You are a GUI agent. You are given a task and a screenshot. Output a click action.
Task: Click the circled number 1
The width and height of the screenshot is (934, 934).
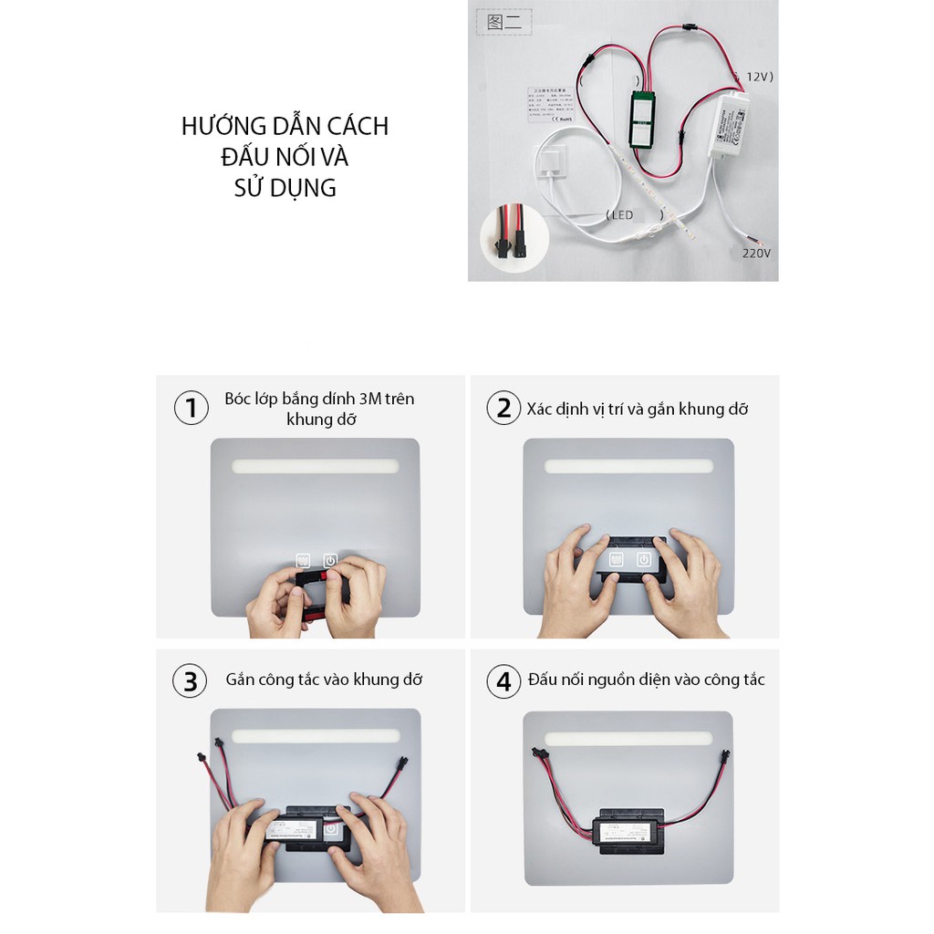(x=191, y=408)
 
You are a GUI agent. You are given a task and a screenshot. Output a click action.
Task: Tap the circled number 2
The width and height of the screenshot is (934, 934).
(x=503, y=408)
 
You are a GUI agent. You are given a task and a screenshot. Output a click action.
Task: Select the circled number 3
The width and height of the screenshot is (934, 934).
(x=191, y=681)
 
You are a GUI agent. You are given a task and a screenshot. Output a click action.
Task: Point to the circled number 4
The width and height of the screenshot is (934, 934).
(x=503, y=681)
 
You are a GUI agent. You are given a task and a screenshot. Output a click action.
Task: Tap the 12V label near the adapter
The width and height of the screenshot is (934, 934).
(x=759, y=78)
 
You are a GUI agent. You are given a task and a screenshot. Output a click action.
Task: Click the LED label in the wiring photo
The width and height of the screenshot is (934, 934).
(x=621, y=214)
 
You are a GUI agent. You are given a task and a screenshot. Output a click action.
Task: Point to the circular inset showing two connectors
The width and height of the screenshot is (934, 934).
(x=514, y=237)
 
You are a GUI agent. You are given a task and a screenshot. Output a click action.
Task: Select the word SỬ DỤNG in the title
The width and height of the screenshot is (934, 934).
(x=285, y=188)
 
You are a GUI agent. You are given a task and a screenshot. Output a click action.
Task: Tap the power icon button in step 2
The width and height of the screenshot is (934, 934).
(x=644, y=560)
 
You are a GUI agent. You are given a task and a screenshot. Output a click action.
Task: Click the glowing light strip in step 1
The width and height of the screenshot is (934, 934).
(x=315, y=466)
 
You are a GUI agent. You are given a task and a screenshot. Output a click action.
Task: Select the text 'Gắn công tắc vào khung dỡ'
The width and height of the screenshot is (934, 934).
(x=324, y=680)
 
